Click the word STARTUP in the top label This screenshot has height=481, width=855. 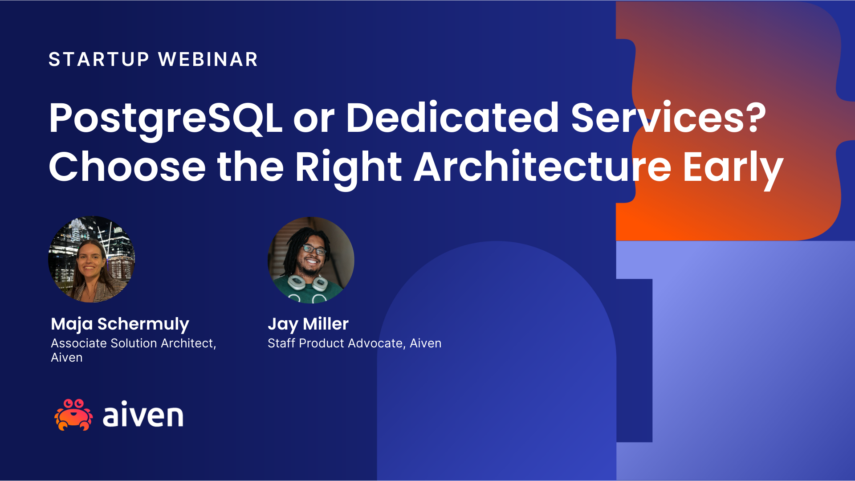pos(98,59)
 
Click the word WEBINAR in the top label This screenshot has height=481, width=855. pos(208,59)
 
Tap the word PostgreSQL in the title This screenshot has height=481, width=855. pos(165,118)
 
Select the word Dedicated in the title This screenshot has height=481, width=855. pos(452,118)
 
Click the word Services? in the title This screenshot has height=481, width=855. pos(668,118)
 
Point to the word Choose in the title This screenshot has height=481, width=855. pos(127,167)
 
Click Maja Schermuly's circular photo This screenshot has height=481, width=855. pos(91,260)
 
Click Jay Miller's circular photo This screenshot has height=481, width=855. pos(311,260)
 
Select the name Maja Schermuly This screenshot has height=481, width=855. pos(120,324)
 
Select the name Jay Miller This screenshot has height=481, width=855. pos(308,324)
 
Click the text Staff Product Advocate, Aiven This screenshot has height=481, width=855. pos(354,343)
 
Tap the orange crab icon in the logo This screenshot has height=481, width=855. pos(73,415)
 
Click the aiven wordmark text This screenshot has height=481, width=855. pos(143,415)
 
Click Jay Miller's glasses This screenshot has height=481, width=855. pos(314,250)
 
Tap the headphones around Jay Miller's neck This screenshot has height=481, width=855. pos(307,283)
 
